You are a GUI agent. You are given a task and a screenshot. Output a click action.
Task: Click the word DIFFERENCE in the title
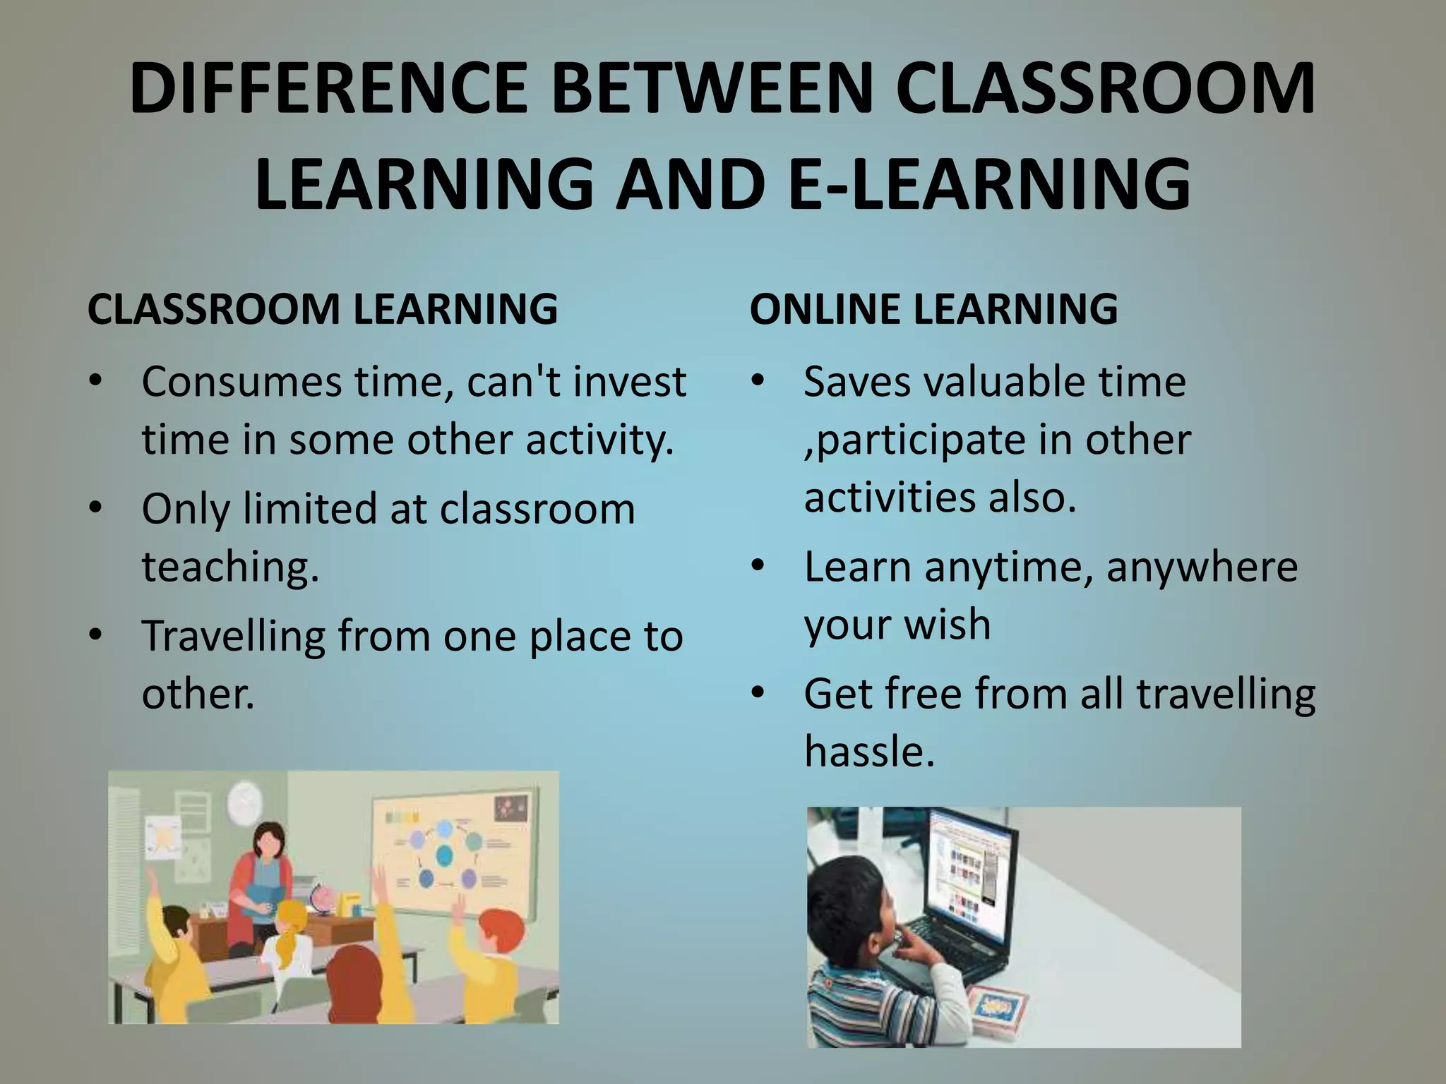pyautogui.click(x=328, y=90)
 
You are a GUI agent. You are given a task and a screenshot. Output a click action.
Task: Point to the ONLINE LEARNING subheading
pyautogui.click(x=933, y=309)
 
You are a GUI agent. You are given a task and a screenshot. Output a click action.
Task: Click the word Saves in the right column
pyautogui.click(x=857, y=383)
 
